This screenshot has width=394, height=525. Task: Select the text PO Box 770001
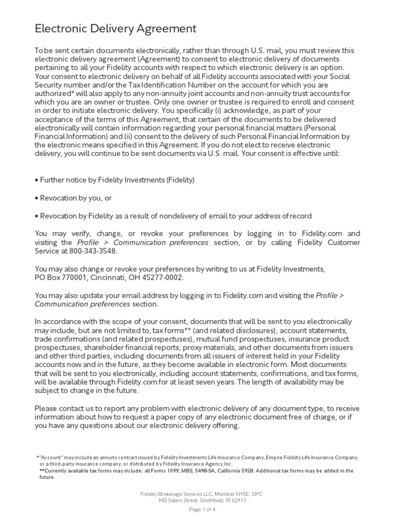pos(60,277)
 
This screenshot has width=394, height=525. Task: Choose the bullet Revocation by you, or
pos(73,197)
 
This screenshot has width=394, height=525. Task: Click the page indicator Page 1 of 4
pos(203,509)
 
